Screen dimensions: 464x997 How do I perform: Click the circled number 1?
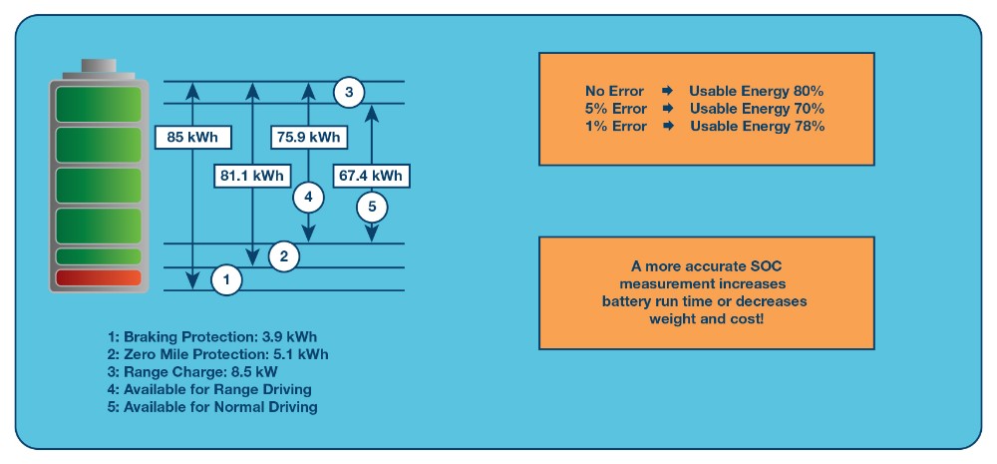click(226, 280)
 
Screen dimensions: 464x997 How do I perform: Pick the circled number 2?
click(284, 256)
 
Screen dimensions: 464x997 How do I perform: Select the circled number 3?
click(348, 93)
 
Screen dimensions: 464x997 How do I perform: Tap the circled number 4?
click(308, 198)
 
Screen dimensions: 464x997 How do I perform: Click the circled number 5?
click(372, 208)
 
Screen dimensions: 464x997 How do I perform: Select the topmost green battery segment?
click(98, 104)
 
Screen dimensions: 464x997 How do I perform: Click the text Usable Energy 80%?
click(756, 91)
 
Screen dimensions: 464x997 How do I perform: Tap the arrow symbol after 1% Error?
click(668, 127)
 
